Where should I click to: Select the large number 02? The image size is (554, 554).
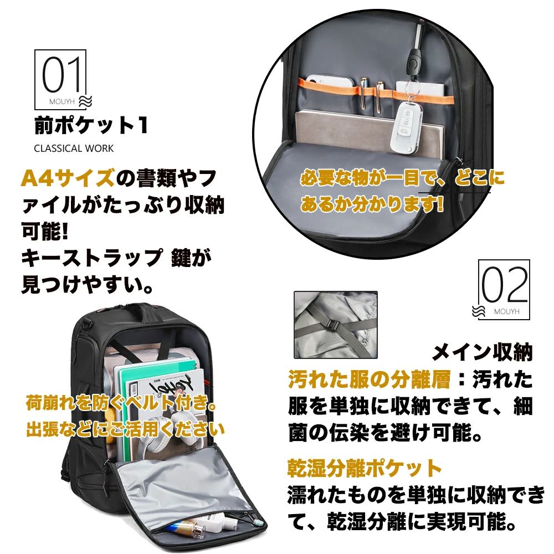(x=505, y=285)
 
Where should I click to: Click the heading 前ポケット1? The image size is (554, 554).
(x=91, y=125)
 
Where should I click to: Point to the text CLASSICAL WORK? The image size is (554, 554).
(x=74, y=148)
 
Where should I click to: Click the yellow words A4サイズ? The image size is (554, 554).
(x=68, y=178)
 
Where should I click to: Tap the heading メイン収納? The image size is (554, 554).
(x=482, y=352)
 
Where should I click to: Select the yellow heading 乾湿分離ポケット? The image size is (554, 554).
(x=365, y=468)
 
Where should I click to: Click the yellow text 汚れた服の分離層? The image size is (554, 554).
(x=370, y=379)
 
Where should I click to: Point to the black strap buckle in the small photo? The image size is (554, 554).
(x=332, y=325)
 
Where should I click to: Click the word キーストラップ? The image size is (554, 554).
(x=91, y=258)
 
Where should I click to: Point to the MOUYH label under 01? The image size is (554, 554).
(x=62, y=102)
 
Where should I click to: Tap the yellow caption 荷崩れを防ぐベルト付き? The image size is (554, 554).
(x=121, y=403)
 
